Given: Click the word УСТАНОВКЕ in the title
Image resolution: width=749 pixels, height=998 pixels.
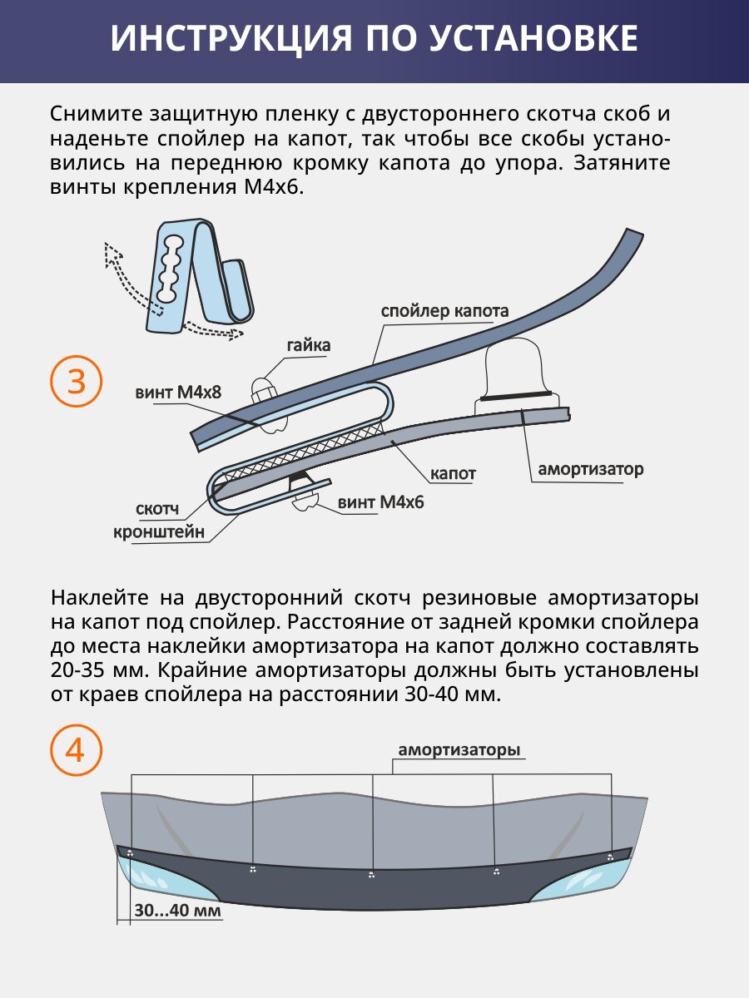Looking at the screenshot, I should (515, 39).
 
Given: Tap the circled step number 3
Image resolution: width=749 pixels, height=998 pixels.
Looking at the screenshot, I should (76, 382).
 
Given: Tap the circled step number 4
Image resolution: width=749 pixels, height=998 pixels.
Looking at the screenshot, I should (76, 751).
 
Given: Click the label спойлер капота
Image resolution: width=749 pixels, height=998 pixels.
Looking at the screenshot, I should (444, 312).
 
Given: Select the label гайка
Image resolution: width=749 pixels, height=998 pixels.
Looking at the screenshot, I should (309, 345).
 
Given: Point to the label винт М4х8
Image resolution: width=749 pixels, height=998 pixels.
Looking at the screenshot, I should (178, 391).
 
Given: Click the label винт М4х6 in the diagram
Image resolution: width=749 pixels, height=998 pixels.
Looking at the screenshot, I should (381, 502).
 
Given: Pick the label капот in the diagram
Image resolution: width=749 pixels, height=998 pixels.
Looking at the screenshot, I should (453, 474).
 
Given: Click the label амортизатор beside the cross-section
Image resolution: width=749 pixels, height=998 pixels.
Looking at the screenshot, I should (590, 469).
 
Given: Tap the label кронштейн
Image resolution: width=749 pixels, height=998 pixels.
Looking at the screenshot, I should (159, 532).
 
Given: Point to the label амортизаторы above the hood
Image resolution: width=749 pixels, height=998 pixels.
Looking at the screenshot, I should (459, 750).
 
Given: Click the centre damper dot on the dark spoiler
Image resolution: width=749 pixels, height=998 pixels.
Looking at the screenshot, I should (371, 874).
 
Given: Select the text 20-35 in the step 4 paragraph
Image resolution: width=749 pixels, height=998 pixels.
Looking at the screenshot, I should (81, 670).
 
